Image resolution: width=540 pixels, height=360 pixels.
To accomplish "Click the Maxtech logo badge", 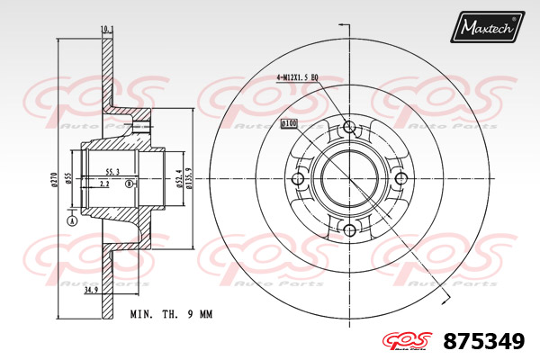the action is coord(487,26).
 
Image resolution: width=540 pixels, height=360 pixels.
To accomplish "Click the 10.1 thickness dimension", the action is coord(107,30).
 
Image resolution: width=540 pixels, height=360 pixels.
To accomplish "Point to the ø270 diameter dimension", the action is coord(54,178).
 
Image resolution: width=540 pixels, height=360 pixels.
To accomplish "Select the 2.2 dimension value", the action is coord(105,184).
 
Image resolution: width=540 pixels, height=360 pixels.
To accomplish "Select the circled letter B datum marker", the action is coord(129,184).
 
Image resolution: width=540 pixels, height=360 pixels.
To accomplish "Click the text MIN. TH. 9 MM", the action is coord(170,314).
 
